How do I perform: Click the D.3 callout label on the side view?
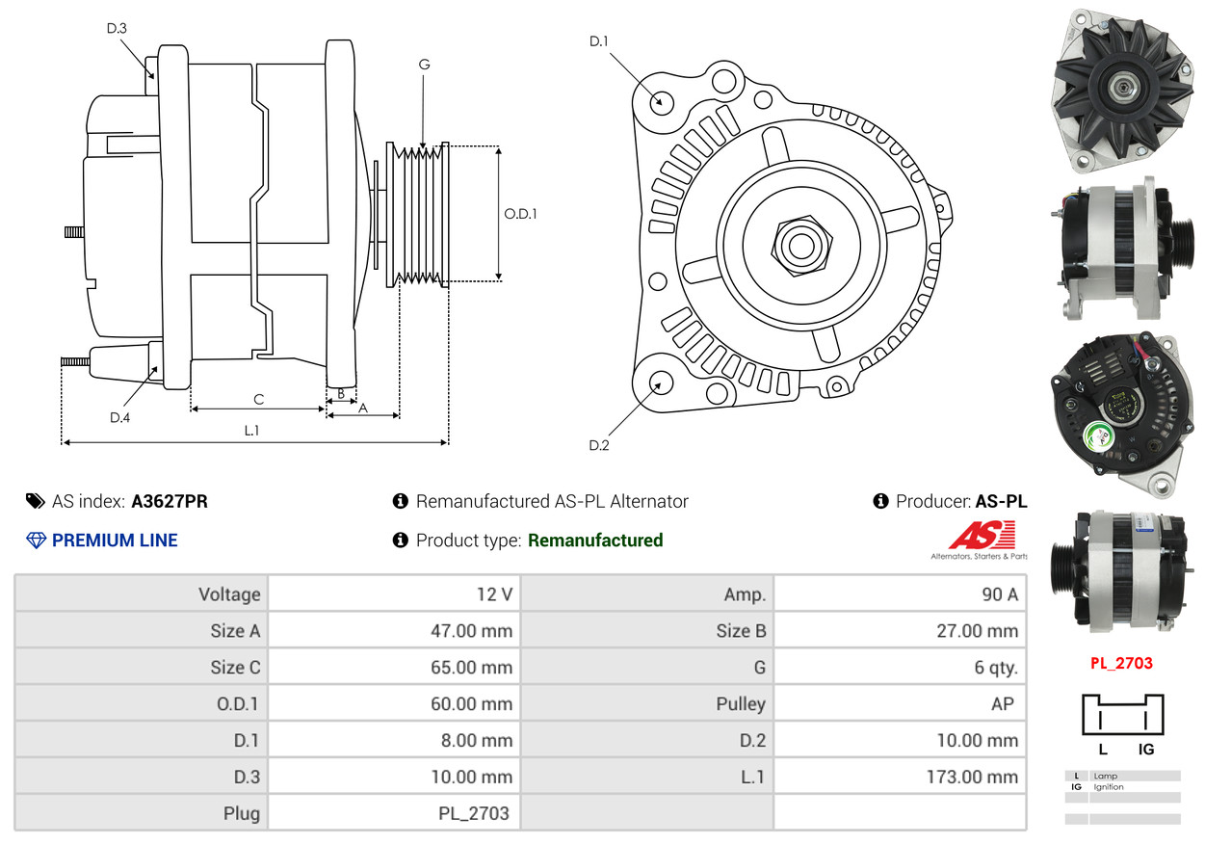(117, 28)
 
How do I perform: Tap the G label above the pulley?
(424, 65)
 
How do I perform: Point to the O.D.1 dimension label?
(520, 214)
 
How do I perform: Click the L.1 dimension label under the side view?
(251, 431)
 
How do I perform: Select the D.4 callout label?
(120, 417)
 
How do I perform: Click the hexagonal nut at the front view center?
(801, 246)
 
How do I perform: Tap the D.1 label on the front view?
(599, 41)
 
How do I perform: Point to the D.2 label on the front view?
(599, 445)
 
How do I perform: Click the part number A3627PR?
(170, 501)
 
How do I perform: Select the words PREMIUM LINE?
(115, 541)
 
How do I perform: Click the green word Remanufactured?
(595, 541)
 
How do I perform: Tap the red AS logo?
(982, 535)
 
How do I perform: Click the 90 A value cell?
(900, 593)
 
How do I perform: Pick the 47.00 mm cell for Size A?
(394, 630)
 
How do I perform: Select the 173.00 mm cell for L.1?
(900, 777)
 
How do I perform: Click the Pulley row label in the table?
(741, 703)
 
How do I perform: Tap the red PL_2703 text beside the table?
(1121, 663)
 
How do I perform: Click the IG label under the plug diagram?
(1146, 750)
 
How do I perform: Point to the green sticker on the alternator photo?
(1097, 436)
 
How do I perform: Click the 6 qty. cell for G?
(900, 667)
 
